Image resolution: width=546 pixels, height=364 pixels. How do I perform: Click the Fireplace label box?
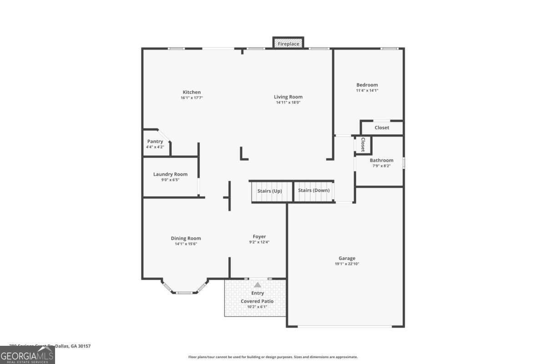pos(288,44)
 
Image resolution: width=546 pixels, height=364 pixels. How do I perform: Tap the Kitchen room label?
pos(192,92)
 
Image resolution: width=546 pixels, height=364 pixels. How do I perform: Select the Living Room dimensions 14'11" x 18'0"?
pos(288,103)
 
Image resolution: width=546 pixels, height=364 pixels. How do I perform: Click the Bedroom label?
pos(367,85)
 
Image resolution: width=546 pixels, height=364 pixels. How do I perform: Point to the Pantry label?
pos(155,142)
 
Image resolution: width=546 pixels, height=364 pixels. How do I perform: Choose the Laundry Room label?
pos(170,174)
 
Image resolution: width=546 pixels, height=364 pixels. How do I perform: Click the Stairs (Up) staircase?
pos(269,191)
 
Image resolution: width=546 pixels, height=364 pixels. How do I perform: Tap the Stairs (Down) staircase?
pos(314,191)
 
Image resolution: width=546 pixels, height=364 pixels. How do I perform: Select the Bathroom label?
pos(381,161)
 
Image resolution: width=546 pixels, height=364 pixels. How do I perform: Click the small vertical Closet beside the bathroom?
pos(363,145)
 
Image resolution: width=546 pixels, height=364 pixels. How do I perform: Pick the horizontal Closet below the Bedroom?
pos(382,128)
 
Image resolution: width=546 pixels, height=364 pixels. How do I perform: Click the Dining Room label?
pos(186,238)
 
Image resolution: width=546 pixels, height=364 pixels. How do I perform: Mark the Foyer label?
pos(259,237)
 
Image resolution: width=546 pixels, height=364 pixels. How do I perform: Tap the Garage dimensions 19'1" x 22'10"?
pos(347,264)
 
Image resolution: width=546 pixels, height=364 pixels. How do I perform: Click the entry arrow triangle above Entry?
pos(258,285)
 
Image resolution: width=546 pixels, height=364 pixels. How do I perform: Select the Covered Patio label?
pos(257,301)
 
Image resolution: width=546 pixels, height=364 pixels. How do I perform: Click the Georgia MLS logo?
pos(27,355)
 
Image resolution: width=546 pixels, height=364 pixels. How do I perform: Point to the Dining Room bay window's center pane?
pos(184,293)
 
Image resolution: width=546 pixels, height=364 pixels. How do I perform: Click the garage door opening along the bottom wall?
pos(345,326)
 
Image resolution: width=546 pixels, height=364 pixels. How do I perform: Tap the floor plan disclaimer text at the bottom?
pos(273,357)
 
